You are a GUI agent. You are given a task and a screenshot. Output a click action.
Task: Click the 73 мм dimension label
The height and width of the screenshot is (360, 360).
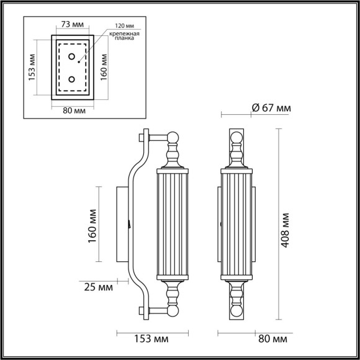(x=72, y=24)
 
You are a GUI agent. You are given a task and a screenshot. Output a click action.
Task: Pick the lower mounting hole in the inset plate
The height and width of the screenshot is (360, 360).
(x=72, y=79)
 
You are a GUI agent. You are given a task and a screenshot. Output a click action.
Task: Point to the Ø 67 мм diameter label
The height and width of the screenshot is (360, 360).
(x=271, y=108)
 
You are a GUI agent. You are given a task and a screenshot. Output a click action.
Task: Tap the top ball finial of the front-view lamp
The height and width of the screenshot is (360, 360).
(x=235, y=138)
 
